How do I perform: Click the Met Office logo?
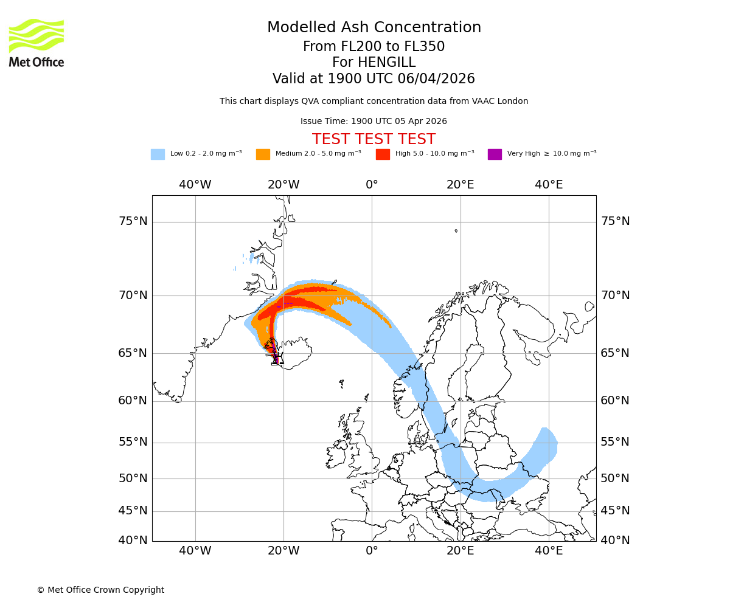[x=36, y=43]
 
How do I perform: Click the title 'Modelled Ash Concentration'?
[x=374, y=28]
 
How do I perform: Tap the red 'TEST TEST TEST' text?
[x=374, y=139]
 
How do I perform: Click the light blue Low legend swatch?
[x=158, y=154]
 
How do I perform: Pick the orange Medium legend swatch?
[x=263, y=154]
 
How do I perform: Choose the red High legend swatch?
[x=383, y=154]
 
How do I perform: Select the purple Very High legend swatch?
[x=495, y=154]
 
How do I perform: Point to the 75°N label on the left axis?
[x=133, y=221]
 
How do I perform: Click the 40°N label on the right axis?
[x=615, y=541]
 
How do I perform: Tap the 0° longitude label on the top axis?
[x=372, y=185]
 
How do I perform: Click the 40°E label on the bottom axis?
[x=549, y=551]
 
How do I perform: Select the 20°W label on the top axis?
[x=283, y=185]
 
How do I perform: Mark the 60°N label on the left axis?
[x=133, y=401]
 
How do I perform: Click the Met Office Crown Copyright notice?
[x=100, y=590]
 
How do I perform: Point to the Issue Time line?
[x=374, y=122]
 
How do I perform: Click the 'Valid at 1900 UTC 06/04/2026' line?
[x=374, y=79]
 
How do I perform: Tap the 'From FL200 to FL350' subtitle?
[x=374, y=47]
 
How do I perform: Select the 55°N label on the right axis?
[x=615, y=442]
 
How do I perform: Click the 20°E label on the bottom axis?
[x=461, y=551]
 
